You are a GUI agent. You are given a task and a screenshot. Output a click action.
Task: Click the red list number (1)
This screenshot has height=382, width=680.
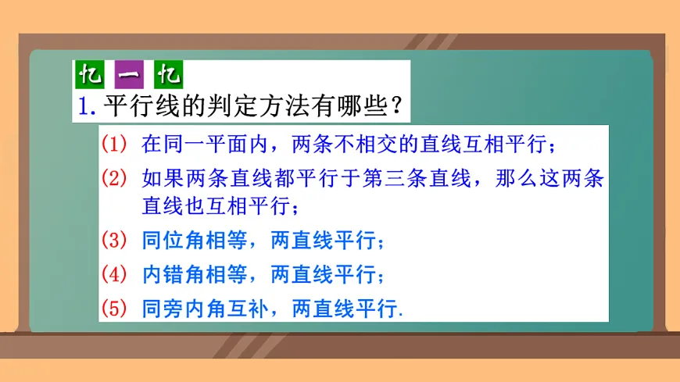113,145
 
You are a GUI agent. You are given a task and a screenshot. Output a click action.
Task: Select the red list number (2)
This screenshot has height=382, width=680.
113,178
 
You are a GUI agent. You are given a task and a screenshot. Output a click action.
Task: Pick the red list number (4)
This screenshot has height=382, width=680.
113,275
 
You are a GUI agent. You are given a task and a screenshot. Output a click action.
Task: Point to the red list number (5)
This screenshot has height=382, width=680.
113,309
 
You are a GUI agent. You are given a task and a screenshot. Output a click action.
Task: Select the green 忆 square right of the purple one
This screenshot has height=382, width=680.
168,77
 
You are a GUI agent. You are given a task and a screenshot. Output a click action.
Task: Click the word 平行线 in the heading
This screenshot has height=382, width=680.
139,105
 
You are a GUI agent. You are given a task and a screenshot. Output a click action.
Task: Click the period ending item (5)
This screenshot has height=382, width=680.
403,314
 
